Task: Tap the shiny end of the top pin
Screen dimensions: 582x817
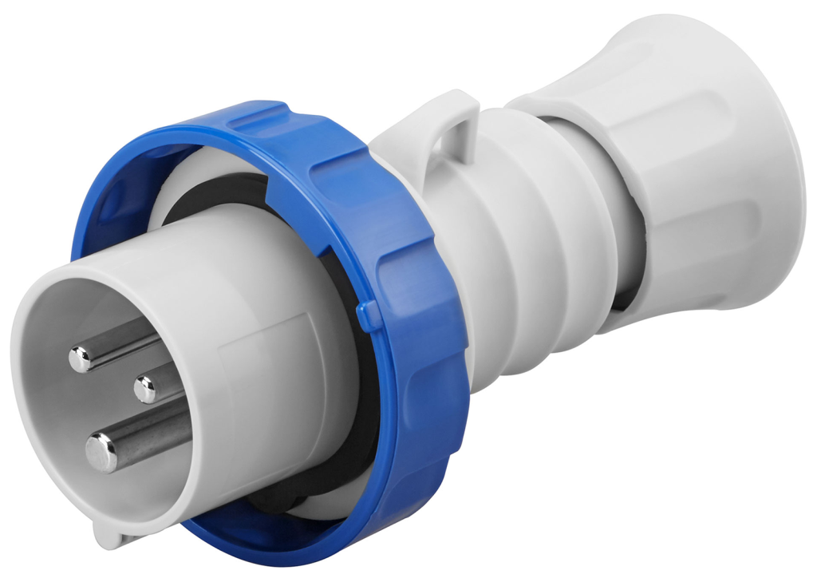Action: pyautogui.click(x=81, y=360)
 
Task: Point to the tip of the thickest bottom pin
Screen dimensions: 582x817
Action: pyautogui.click(x=101, y=453)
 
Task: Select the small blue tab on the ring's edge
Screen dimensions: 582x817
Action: pyautogui.click(x=369, y=315)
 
